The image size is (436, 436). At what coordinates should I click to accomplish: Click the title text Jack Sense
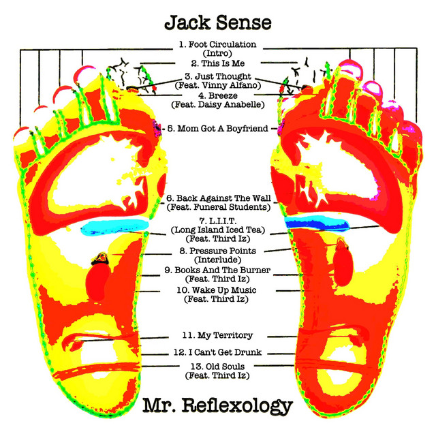(217, 22)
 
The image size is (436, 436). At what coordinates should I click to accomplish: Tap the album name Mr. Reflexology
(217, 407)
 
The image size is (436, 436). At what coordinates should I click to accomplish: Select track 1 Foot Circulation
(218, 45)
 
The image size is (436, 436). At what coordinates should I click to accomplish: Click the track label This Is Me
(218, 63)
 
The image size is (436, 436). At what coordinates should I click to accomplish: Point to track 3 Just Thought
(218, 76)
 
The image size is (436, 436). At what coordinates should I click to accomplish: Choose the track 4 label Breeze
(218, 97)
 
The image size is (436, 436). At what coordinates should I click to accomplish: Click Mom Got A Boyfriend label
(218, 127)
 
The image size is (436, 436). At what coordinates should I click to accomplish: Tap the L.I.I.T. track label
(218, 221)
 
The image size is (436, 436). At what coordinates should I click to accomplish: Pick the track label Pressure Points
(218, 251)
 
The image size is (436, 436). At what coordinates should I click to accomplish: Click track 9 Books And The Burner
(218, 270)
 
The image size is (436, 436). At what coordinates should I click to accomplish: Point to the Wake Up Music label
(218, 290)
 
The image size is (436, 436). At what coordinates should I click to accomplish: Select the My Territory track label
(218, 335)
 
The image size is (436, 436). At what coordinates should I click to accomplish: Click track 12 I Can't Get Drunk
(218, 353)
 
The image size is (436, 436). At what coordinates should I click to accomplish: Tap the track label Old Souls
(218, 367)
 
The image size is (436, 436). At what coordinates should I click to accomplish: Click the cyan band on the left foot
(116, 228)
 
